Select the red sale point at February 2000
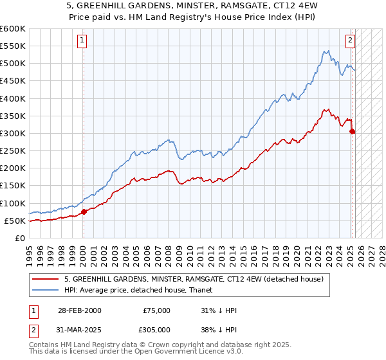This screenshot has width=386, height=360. pyautogui.click(x=84, y=212)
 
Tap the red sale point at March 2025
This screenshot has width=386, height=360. pyautogui.click(x=352, y=132)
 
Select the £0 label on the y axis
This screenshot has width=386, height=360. pyautogui.click(x=19, y=238)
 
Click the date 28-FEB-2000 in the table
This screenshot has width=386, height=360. pyautogui.click(x=79, y=310)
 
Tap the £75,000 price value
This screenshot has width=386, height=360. pyautogui.click(x=157, y=310)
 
